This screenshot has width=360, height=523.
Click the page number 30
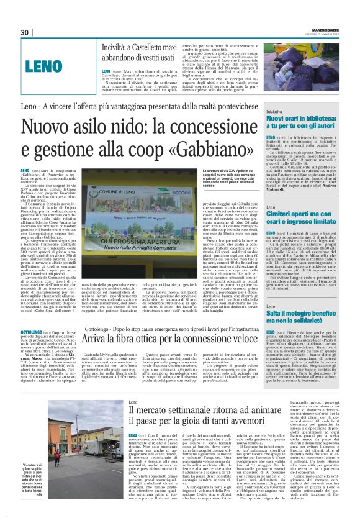pos(25,32)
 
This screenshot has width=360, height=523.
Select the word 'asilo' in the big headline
pos(91,125)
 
